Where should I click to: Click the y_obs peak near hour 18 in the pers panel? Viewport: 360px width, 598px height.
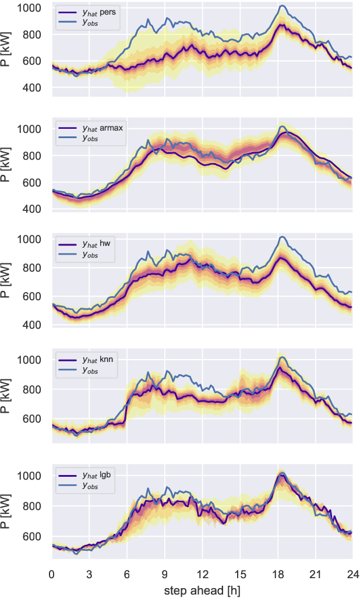[282, 6]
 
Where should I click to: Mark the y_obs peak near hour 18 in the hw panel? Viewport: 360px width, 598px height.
[282, 237]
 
